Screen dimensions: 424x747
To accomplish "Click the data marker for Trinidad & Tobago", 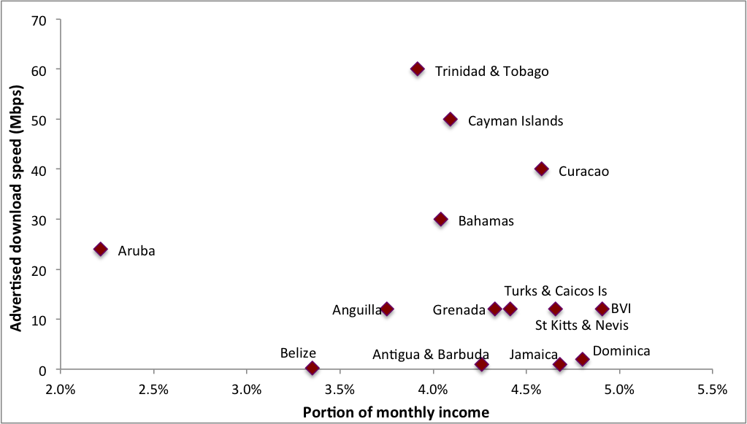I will pyautogui.click(x=418, y=69).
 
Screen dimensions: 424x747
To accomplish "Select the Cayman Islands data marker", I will pyautogui.click(x=451, y=119).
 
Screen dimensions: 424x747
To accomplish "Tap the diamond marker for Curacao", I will pyautogui.click(x=541, y=169).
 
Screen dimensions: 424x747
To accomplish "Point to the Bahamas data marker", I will pyautogui.click(x=441, y=219).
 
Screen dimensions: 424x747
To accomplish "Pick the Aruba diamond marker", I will pyautogui.click(x=101, y=250).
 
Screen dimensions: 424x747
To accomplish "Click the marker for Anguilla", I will pyautogui.click(x=387, y=309).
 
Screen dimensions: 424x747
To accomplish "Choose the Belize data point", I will pyautogui.click(x=313, y=368).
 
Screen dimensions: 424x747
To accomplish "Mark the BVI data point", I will pyautogui.click(x=602, y=309).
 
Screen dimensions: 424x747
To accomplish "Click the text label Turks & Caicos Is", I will pyautogui.click(x=555, y=291).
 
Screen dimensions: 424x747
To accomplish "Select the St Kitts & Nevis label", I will pyautogui.click(x=582, y=325).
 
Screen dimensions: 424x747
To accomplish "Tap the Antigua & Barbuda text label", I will pyautogui.click(x=431, y=355).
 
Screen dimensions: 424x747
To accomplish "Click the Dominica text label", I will pyautogui.click(x=621, y=351).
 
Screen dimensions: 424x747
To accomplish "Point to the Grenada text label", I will pyautogui.click(x=459, y=310).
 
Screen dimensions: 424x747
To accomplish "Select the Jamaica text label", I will pyautogui.click(x=534, y=355).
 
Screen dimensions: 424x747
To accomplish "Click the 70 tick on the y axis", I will pyautogui.click(x=38, y=20).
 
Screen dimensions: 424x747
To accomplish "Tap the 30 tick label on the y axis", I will pyautogui.click(x=38, y=220).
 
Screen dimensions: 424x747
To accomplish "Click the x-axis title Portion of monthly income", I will pyautogui.click(x=396, y=412).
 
